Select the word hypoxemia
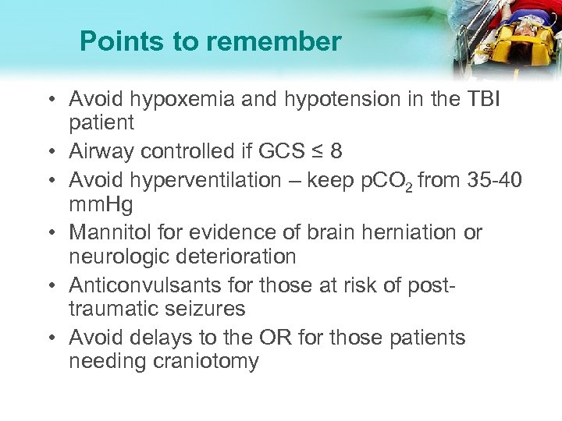tap(175, 100)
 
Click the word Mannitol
tap(107, 232)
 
